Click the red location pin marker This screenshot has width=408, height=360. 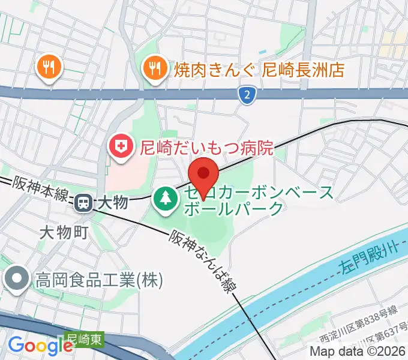203,175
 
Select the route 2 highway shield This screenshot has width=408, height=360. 246,94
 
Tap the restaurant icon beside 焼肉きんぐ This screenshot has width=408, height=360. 155,70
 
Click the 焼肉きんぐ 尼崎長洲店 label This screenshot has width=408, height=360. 259,70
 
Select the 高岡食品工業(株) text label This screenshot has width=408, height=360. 100,279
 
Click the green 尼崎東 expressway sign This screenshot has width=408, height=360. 84,339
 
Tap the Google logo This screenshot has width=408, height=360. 40,346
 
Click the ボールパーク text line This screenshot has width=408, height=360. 235,208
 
